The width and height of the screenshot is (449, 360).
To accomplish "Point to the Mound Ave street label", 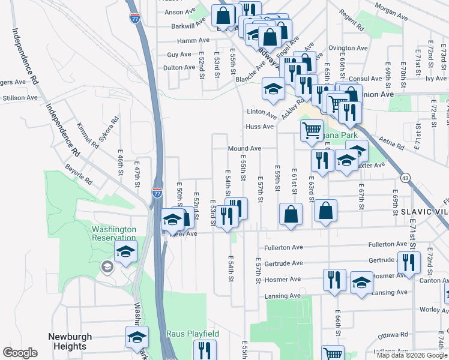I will click(x=244, y=148).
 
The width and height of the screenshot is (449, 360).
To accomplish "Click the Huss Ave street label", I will click(x=259, y=127).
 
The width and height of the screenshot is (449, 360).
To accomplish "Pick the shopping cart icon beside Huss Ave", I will click(x=312, y=130).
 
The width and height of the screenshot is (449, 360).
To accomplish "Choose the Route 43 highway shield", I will click(x=406, y=179).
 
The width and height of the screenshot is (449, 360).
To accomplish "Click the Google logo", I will click(x=20, y=353).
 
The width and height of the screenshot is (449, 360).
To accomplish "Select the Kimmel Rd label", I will click(x=88, y=137).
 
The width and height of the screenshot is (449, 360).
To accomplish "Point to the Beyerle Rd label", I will click(x=79, y=174).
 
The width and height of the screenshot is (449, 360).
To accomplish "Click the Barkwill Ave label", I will click(x=188, y=26).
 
